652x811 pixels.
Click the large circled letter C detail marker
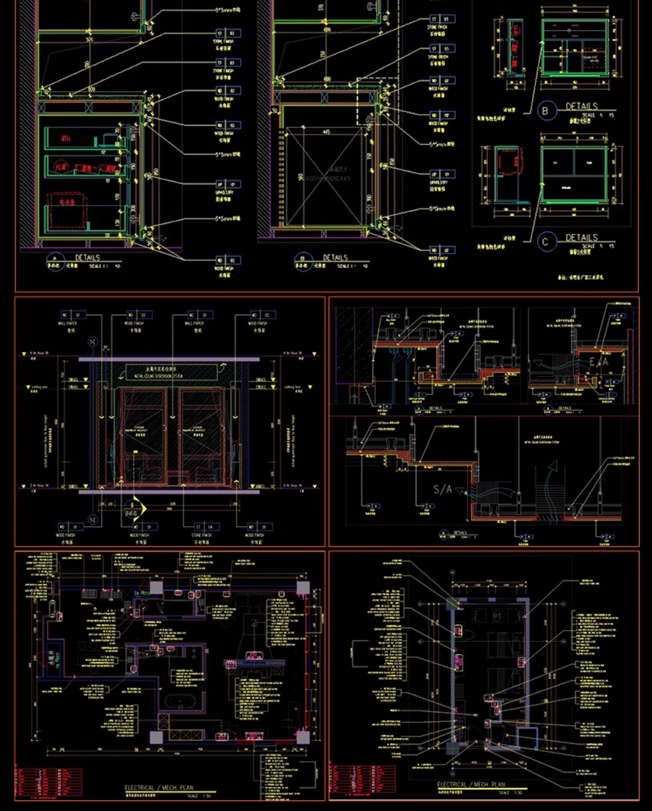[x=545, y=242]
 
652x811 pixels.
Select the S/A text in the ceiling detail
[x=442, y=489]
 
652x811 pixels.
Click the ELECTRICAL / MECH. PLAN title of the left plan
[x=159, y=787]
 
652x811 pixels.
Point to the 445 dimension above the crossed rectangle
[x=326, y=132]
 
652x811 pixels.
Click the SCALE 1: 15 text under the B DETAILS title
[x=598, y=115]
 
